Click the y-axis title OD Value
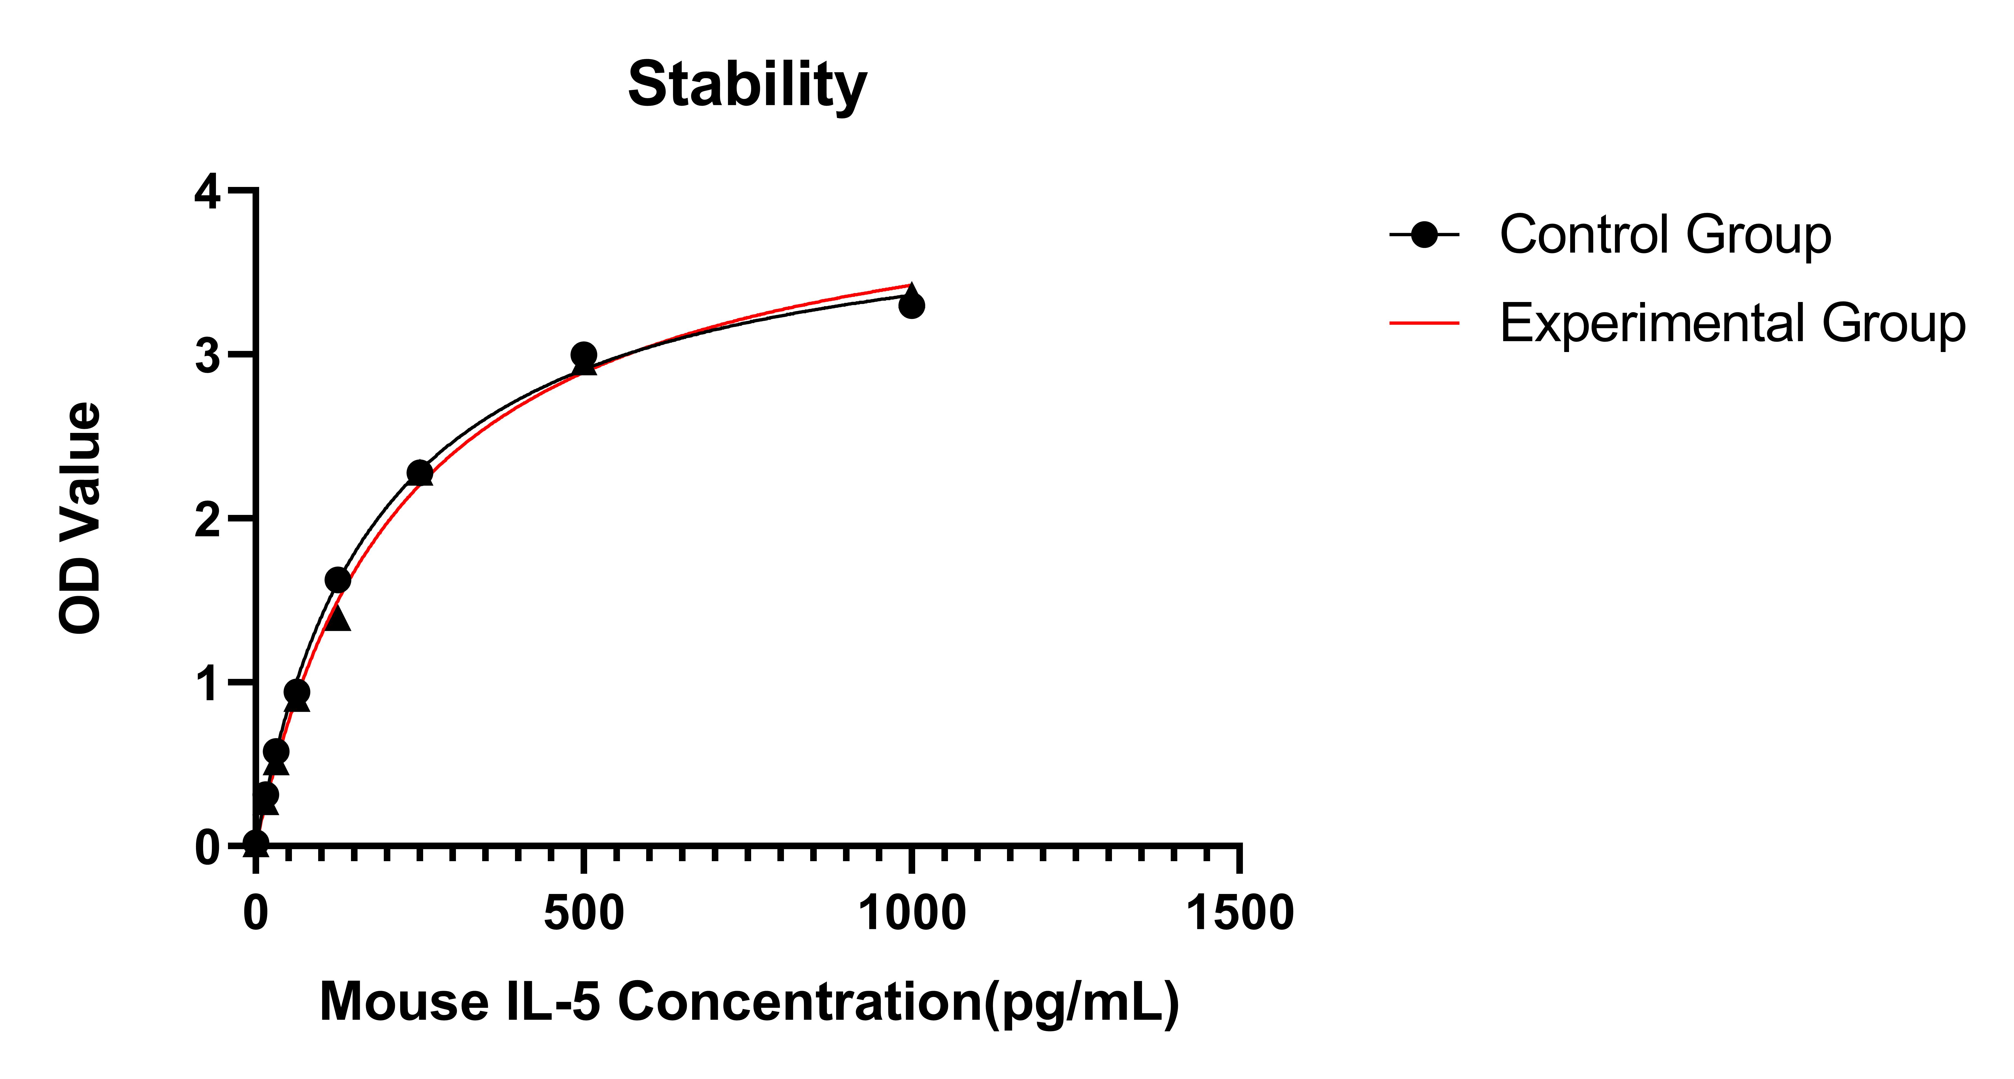[x=81, y=518]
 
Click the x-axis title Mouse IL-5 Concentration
[x=749, y=1002]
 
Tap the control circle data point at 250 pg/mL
[x=420, y=472]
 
